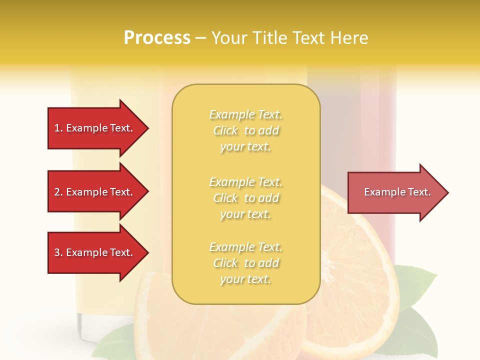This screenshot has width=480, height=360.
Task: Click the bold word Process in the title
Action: [157, 38]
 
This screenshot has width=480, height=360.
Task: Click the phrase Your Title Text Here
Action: [289, 38]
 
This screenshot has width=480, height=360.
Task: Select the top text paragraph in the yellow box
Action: [245, 130]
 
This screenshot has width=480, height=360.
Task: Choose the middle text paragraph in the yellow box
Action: [245, 198]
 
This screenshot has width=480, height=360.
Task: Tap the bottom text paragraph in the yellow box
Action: [245, 263]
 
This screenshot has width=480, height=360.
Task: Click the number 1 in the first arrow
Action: [57, 128]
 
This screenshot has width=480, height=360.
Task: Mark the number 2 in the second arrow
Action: [57, 192]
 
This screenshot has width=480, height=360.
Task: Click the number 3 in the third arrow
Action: [57, 252]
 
